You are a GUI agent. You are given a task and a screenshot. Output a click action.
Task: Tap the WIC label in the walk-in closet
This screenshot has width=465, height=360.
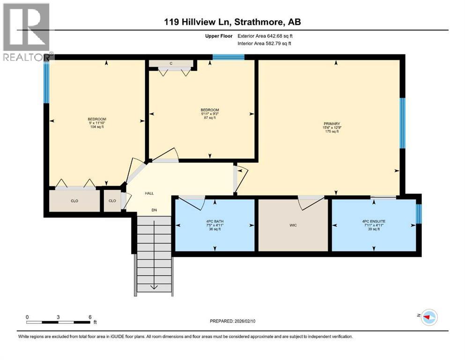click(x=293, y=225)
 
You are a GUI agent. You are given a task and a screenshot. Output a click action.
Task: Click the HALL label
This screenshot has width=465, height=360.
click(x=149, y=193)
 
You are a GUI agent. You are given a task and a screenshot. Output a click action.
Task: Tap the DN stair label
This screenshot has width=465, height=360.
click(x=154, y=210)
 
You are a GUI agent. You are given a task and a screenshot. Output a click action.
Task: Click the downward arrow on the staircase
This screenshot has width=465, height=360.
click(x=154, y=287)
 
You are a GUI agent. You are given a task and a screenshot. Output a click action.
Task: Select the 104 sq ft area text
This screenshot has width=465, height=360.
click(x=96, y=127)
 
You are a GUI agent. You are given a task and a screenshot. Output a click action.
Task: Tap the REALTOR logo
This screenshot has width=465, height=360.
click(x=27, y=32)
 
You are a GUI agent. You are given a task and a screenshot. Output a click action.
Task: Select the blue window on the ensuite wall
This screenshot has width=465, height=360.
click(x=419, y=214)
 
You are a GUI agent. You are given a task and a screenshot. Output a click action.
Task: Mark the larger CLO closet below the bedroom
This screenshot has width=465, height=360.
click(x=74, y=201)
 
